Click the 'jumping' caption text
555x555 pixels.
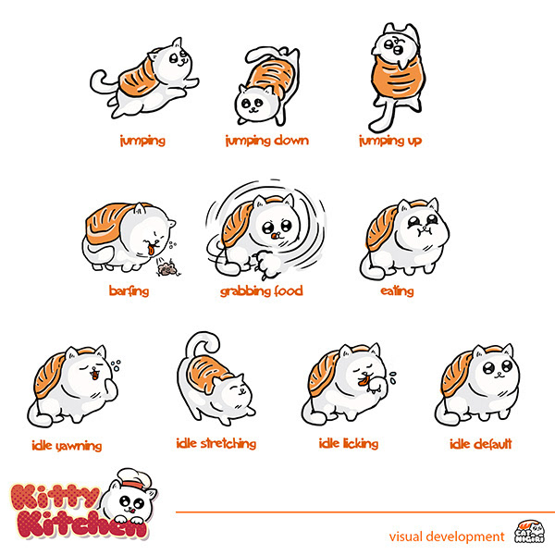[x=142, y=142]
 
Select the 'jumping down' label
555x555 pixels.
[x=266, y=142]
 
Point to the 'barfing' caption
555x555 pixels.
[x=129, y=291]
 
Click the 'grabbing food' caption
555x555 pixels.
[x=262, y=291]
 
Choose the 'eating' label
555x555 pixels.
[x=397, y=291]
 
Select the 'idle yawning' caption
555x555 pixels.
[x=65, y=446]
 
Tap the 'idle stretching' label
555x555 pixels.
[x=216, y=443]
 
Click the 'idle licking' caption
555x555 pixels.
[x=349, y=444]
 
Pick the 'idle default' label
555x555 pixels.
[x=480, y=444]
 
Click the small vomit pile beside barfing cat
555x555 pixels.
[x=169, y=269]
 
